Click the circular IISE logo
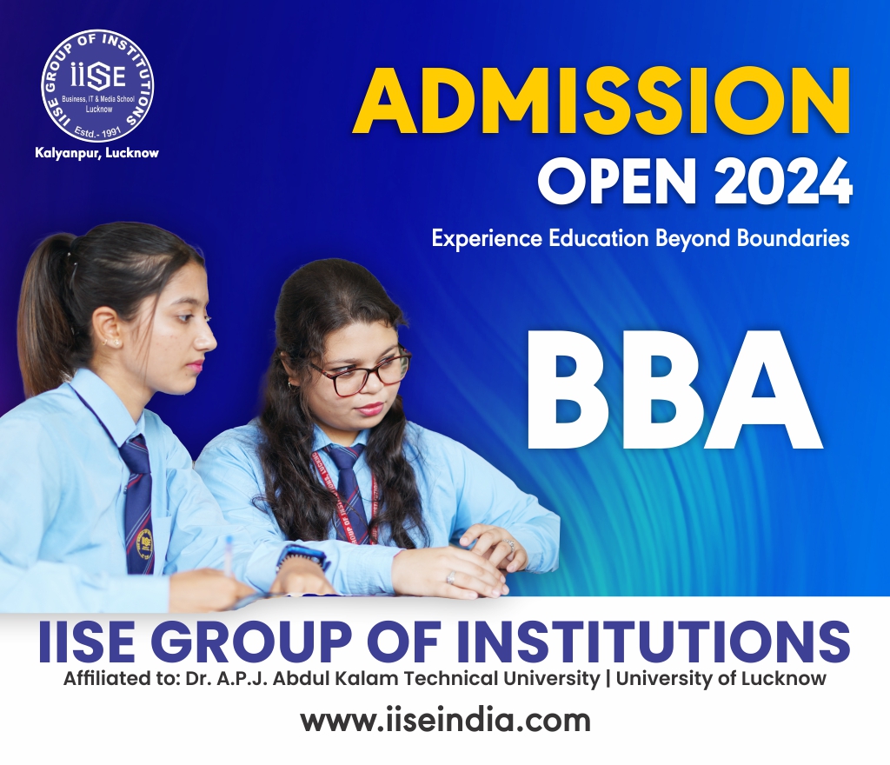(x=97, y=86)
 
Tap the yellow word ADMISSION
(x=602, y=101)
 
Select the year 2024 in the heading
(x=783, y=180)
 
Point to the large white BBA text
(x=674, y=390)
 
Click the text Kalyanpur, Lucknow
(x=97, y=153)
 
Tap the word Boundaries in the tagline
(x=793, y=238)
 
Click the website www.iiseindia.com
(x=446, y=721)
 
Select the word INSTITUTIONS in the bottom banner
(x=654, y=642)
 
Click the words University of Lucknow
(x=721, y=678)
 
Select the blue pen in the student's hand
(x=229, y=555)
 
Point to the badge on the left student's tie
(x=146, y=543)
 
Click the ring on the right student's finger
(x=451, y=578)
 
